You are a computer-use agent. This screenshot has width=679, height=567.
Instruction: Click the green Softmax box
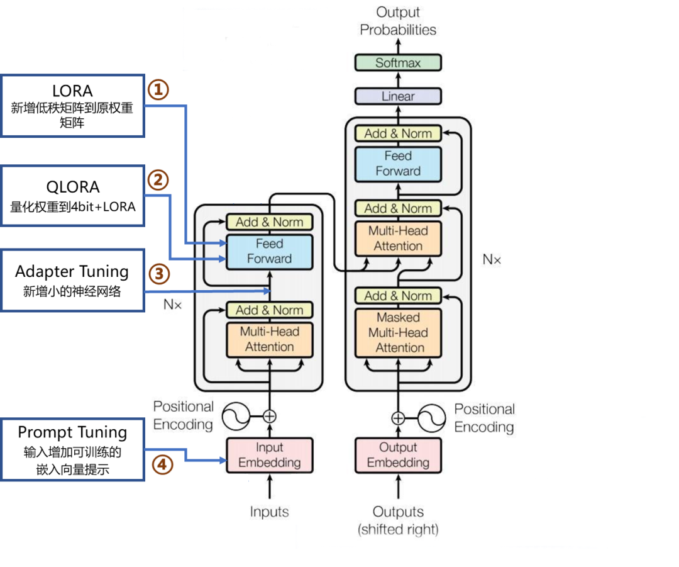[398, 63]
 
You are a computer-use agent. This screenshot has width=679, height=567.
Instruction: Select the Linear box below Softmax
[398, 96]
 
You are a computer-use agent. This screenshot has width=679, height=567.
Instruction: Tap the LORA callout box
[72, 106]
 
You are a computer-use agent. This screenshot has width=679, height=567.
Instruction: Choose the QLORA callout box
[72, 196]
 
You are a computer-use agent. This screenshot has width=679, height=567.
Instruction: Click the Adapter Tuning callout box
[72, 280]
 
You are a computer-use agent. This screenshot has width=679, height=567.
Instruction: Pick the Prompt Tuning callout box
[72, 449]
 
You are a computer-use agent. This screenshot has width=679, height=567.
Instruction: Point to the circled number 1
[158, 90]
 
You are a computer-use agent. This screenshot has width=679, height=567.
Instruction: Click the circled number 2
[158, 181]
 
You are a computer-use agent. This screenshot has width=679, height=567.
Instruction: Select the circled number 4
[162, 465]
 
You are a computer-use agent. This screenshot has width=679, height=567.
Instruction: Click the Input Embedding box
[269, 455]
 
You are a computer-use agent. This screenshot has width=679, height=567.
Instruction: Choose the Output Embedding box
[398, 455]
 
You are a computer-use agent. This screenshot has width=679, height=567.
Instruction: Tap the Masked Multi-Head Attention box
[398, 332]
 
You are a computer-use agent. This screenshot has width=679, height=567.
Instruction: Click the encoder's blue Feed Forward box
[269, 251]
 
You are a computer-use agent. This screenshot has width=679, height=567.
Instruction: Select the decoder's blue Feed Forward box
[398, 164]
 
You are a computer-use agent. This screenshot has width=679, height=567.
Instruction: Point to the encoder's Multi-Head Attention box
[269, 339]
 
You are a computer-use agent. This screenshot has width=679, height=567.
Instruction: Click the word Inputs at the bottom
[269, 512]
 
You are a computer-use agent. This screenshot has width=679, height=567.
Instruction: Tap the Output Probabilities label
[398, 21]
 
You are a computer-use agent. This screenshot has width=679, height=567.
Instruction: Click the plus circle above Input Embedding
[269, 416]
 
